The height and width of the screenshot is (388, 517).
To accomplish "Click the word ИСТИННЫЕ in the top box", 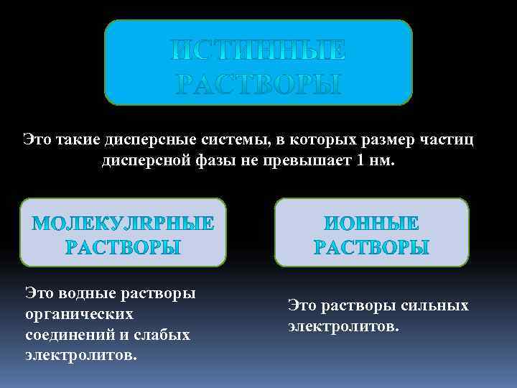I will coord(258,50).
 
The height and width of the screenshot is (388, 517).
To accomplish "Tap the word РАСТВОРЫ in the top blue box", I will coord(258,85).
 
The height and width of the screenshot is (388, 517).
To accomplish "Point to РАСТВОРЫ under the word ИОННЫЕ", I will coord(372,248).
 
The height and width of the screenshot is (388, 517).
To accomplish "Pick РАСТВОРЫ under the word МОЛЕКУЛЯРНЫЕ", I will coord(124,248).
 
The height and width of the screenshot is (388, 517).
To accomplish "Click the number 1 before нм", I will coord(360,159).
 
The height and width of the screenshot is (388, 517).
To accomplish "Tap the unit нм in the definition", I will coord(381,159).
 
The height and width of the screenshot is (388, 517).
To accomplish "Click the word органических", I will coord(80,314).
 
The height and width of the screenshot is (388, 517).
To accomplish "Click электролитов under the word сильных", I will coord(343,326).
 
